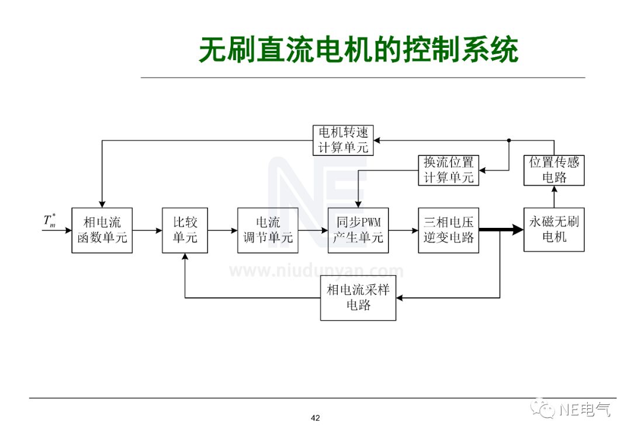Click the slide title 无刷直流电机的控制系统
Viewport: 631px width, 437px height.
(x=358, y=50)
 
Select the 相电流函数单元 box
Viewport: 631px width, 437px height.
(x=102, y=230)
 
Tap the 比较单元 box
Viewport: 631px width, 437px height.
(x=185, y=230)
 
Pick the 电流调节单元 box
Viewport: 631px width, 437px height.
(x=268, y=230)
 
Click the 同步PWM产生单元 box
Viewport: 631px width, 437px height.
(x=358, y=230)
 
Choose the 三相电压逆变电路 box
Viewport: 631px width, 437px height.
(x=448, y=230)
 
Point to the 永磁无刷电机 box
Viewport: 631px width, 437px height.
(x=554, y=230)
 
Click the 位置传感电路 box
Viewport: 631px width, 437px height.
(x=554, y=170)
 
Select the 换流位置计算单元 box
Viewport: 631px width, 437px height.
(x=448, y=170)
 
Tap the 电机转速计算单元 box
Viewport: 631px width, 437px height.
(x=343, y=140)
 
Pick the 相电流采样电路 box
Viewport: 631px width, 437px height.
(x=358, y=298)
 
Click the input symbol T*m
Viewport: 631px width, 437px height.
(x=50, y=221)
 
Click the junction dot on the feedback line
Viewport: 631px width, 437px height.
(x=509, y=140)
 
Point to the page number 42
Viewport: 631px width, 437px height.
(x=315, y=418)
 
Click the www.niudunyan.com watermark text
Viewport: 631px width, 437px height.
(x=315, y=271)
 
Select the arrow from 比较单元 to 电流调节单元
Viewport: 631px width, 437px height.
(x=223, y=230)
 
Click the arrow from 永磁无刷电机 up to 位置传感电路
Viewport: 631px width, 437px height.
(x=554, y=197)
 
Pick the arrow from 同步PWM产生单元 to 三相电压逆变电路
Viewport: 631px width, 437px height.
(x=403, y=230)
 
